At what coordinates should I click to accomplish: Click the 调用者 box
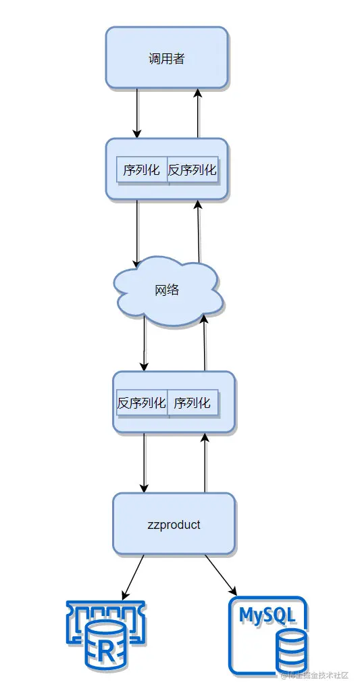click(x=166, y=58)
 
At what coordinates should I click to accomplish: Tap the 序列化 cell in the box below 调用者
click(x=142, y=170)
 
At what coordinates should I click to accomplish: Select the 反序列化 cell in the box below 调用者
click(x=192, y=170)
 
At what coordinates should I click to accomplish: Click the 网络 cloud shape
click(x=168, y=290)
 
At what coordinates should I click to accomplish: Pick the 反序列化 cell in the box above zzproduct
click(x=142, y=403)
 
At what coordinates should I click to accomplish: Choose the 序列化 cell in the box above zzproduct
click(x=192, y=403)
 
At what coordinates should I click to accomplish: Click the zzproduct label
click(x=174, y=524)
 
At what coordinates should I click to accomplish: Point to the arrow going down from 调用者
click(x=137, y=113)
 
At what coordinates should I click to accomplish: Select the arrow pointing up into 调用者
click(x=198, y=113)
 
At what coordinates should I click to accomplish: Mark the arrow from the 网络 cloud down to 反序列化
click(x=144, y=345)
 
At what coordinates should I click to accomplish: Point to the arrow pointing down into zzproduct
click(x=143, y=463)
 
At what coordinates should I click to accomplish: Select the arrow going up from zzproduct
click(x=205, y=463)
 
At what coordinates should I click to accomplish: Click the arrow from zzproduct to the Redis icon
click(x=133, y=578)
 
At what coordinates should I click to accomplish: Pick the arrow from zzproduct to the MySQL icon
click(x=221, y=575)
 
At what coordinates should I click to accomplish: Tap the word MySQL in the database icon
click(x=267, y=615)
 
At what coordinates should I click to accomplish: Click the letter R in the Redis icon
click(x=105, y=652)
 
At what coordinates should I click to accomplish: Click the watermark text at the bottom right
click(x=314, y=675)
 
